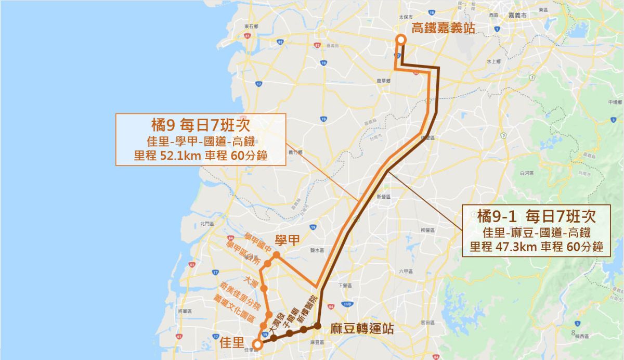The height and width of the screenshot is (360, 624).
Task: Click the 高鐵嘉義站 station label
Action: (443, 28)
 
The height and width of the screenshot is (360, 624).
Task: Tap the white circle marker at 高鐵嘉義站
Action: (401, 40)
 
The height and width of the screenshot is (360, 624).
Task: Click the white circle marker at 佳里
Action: (257, 343)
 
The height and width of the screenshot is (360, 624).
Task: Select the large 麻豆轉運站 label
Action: (362, 329)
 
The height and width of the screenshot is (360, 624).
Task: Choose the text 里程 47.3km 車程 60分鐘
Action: (536, 247)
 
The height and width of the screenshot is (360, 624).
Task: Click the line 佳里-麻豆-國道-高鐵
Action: (536, 230)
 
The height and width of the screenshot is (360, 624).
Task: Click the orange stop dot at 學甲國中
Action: (277, 255)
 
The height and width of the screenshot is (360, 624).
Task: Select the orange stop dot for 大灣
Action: (264, 288)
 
